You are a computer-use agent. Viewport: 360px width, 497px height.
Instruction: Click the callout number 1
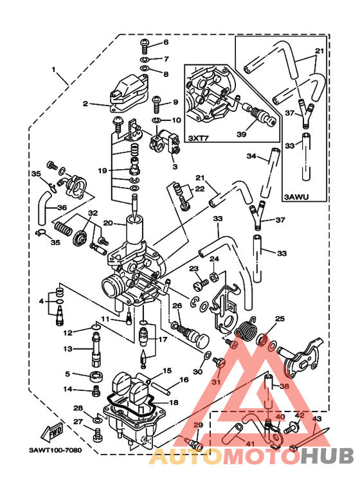pyautogui.click(x=54, y=69)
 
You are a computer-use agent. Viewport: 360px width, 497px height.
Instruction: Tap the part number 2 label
pyautogui.click(x=85, y=103)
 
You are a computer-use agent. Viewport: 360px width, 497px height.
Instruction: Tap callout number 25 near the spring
pyautogui.click(x=279, y=319)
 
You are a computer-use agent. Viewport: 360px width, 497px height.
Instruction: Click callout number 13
pyautogui.click(x=67, y=349)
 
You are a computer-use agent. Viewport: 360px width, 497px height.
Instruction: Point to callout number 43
pyautogui.click(x=316, y=419)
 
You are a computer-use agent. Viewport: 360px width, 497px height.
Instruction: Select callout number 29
pyautogui.click(x=197, y=426)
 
